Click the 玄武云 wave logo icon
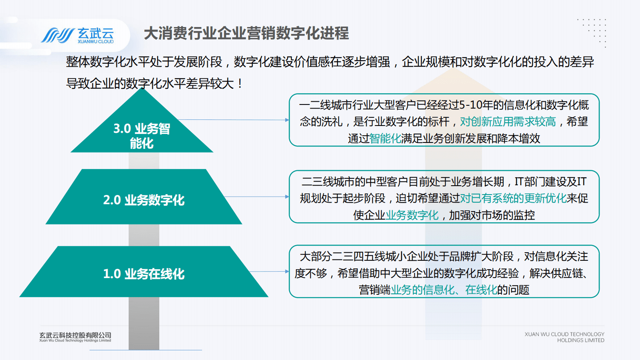point(57,36)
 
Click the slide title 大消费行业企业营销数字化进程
point(246,33)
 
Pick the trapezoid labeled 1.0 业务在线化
point(144,273)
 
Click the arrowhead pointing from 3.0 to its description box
point(287,120)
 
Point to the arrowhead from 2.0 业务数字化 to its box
point(287,197)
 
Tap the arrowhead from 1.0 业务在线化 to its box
point(287,272)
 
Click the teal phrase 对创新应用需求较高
point(508,121)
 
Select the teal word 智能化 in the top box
point(385,138)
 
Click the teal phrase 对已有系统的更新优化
point(513,198)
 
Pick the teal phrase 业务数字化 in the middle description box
point(412,215)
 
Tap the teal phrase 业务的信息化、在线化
point(444,290)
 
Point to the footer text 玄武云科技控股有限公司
point(75,335)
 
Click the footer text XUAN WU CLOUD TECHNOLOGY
point(564,334)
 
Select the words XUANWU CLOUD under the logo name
point(96,42)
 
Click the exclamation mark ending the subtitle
point(240,84)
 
